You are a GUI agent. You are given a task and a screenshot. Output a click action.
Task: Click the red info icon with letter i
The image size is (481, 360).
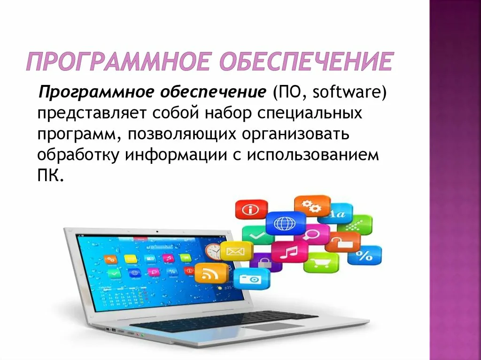(251, 209)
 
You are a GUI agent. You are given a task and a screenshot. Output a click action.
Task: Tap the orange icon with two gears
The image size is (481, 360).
(312, 206)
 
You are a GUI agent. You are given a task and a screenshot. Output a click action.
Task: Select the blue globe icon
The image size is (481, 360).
(286, 223)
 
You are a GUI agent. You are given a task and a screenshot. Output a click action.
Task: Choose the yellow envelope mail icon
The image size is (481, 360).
(237, 251)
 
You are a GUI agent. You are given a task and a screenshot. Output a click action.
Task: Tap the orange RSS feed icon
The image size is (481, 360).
(211, 273)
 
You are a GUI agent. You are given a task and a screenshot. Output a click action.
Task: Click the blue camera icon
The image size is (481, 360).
(252, 279)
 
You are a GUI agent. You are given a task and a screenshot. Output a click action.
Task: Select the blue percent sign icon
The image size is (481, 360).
(365, 255)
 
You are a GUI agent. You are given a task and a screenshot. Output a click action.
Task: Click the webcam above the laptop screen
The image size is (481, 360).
(157, 231)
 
